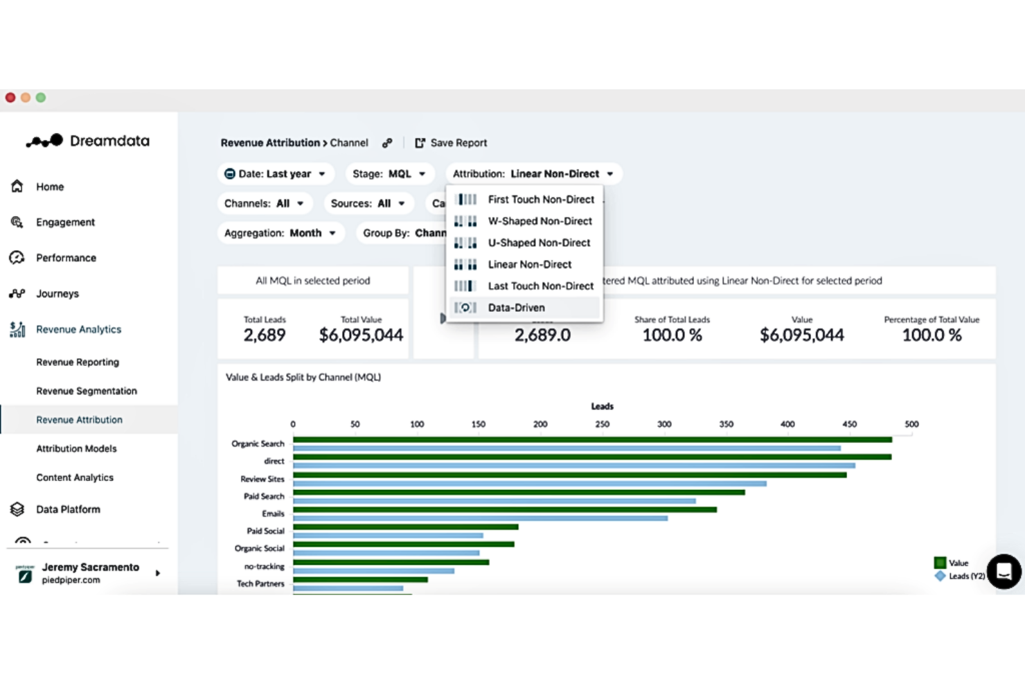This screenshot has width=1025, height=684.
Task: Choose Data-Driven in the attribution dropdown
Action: point(516,308)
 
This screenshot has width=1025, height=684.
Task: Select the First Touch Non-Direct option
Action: point(540,200)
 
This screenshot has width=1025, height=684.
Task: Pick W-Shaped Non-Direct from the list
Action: point(540,221)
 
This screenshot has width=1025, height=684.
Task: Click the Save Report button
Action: point(451,143)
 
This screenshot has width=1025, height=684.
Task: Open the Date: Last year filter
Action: point(276,174)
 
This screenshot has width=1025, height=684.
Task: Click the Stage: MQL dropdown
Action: point(389,174)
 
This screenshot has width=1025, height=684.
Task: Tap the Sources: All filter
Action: point(368,204)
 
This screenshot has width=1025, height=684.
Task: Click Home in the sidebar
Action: point(50,187)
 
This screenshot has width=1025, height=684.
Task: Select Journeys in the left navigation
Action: point(57,294)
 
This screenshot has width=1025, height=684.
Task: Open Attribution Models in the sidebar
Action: point(76,449)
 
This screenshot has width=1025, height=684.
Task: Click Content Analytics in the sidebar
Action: point(75,477)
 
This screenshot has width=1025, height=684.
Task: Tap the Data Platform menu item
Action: point(68,509)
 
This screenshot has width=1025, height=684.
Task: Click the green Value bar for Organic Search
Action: point(592,440)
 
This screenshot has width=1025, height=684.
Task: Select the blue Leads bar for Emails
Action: point(480,518)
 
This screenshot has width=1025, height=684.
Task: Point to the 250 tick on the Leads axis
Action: point(602,424)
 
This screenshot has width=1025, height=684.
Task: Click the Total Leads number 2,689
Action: point(265,335)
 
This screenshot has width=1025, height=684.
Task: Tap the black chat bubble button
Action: point(1004,572)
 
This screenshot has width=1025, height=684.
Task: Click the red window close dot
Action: point(10,98)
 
